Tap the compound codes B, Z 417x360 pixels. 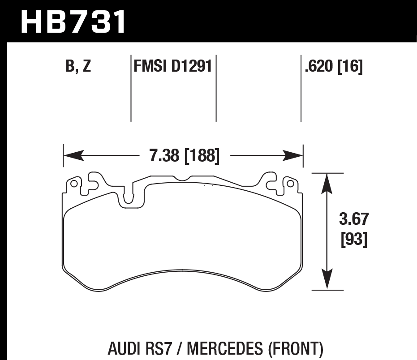click(x=78, y=67)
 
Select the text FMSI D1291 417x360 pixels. click(x=172, y=67)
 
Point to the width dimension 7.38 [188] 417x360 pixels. click(x=184, y=156)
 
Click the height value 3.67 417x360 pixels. click(x=354, y=220)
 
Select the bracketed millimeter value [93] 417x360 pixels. click(x=354, y=240)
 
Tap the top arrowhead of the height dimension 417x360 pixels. click(x=328, y=182)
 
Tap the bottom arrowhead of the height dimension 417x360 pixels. click(x=328, y=280)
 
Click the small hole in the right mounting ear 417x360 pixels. click(x=290, y=184)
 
